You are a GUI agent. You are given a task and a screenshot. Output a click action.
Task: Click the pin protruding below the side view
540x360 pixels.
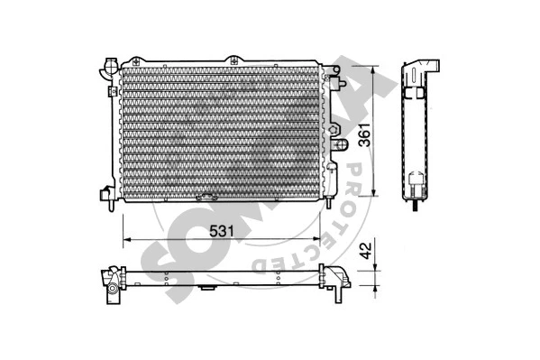(415, 204)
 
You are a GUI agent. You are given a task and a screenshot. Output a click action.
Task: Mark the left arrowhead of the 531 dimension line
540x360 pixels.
(125, 240)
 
